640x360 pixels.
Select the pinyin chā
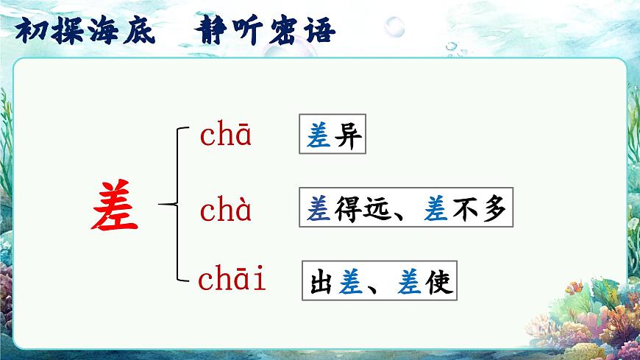tap(226, 136)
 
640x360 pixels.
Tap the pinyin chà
tap(226, 211)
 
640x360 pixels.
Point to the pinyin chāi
tap(232, 280)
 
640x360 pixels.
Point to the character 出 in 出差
tap(321, 281)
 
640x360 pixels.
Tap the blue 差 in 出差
tap(350, 281)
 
